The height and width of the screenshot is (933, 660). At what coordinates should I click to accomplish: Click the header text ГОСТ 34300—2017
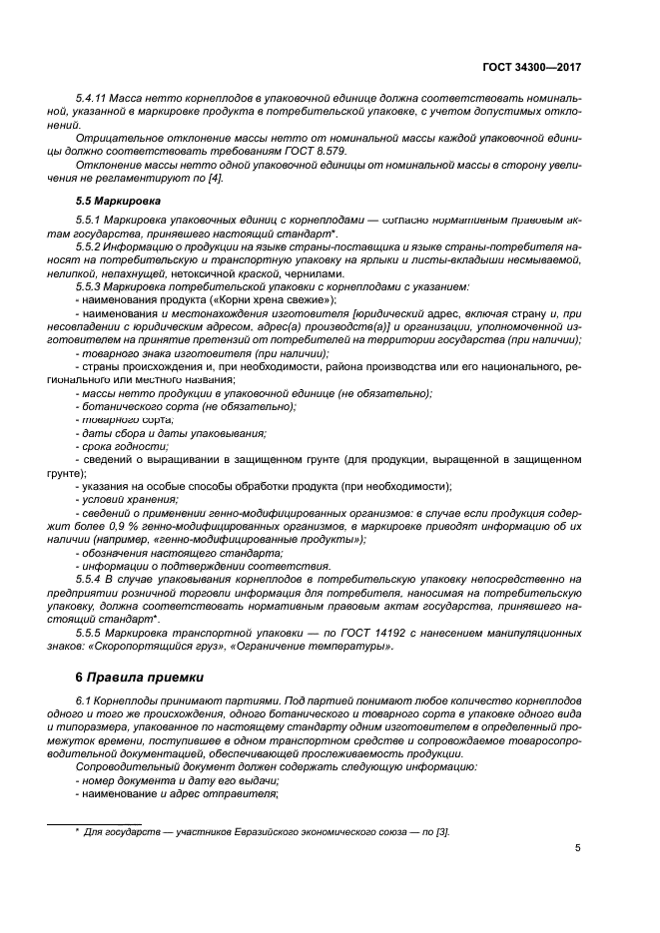531,67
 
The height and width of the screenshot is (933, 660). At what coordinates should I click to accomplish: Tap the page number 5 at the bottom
577,848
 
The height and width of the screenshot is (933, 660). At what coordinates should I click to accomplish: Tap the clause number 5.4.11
95,99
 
